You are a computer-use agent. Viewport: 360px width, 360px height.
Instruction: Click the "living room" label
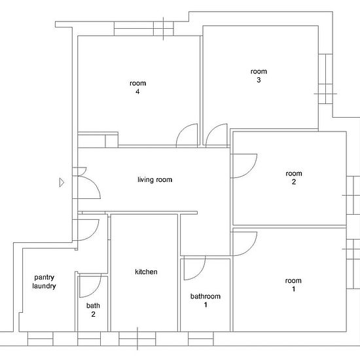pyautogui.click(x=154, y=179)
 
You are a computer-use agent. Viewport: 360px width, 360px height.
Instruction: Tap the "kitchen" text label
pyautogui.click(x=146, y=272)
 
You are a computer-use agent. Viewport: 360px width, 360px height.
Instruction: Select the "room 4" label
pyautogui.click(x=137, y=87)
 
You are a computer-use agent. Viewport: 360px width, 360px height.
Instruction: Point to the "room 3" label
pyautogui.click(x=259, y=75)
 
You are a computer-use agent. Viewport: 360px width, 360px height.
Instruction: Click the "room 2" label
pyautogui.click(x=294, y=177)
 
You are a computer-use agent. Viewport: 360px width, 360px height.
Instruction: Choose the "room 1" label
pyautogui.click(x=293, y=285)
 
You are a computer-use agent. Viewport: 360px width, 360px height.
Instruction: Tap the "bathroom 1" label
pyautogui.click(x=206, y=300)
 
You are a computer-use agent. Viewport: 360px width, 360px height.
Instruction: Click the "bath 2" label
pyautogui.click(x=93, y=310)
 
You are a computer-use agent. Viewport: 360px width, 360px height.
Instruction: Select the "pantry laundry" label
pyautogui.click(x=44, y=281)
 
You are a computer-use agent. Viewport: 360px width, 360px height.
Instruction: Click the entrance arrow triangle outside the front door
pyautogui.click(x=62, y=183)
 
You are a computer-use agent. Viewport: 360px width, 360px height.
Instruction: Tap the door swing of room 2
pyautogui.click(x=251, y=170)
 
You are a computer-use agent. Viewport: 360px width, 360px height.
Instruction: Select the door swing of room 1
pyautogui.click(x=251, y=249)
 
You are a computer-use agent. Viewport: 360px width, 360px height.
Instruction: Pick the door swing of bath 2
pyautogui.click(x=95, y=291)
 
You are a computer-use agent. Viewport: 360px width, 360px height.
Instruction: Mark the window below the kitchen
pyautogui.click(x=137, y=338)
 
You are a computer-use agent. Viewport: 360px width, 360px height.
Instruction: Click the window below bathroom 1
pyautogui.click(x=201, y=338)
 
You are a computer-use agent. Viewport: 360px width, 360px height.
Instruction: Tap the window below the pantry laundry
pyautogui.click(x=41, y=338)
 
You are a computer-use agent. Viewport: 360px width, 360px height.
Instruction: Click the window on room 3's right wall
pyautogui.click(x=325, y=79)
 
